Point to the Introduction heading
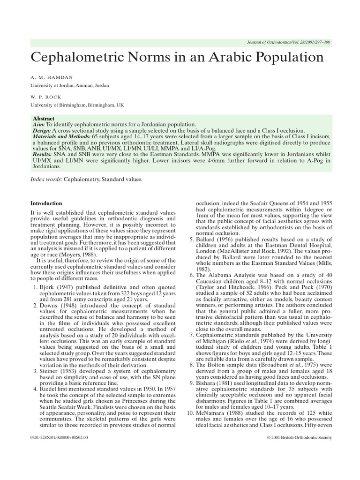(46, 203)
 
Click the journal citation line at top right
(288, 43)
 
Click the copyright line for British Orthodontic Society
(298, 437)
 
